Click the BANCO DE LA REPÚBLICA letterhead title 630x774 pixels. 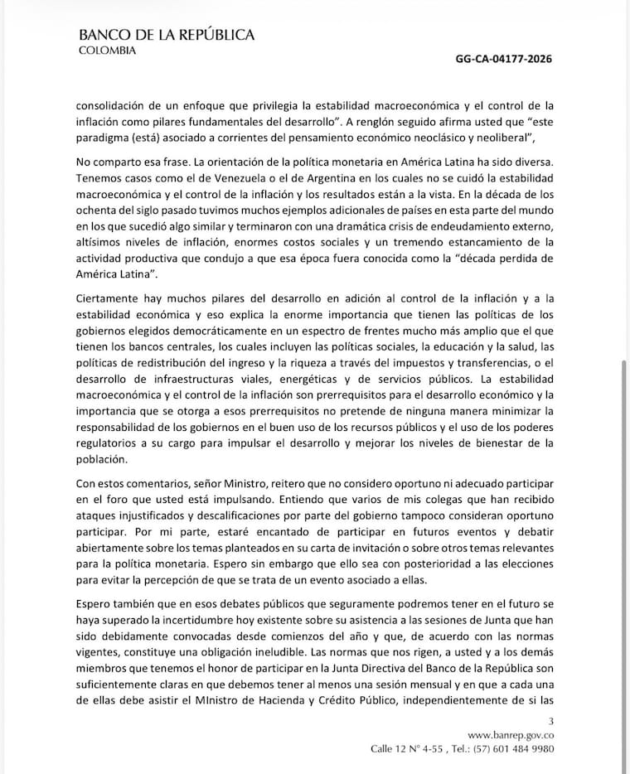tap(166, 35)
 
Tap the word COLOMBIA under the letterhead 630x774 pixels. tap(108, 50)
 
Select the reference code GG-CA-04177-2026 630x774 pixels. tap(504, 60)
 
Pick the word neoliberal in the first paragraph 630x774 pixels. tap(509, 138)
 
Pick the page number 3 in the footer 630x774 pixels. tap(551, 721)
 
